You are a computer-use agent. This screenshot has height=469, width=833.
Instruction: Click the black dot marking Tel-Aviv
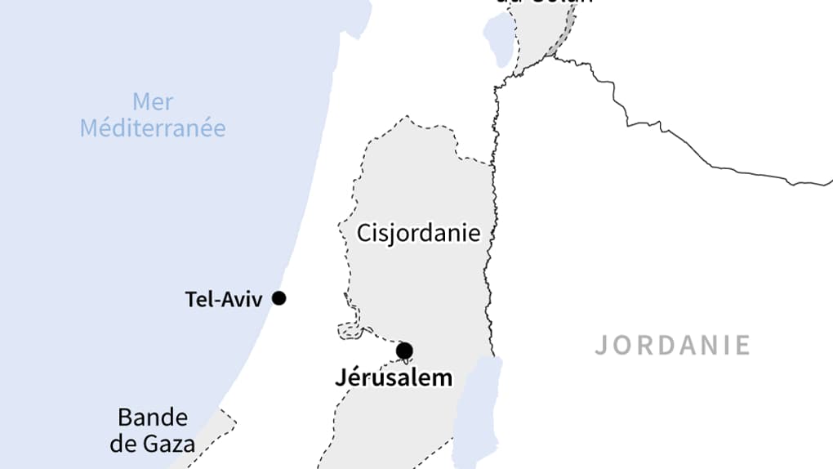(278, 298)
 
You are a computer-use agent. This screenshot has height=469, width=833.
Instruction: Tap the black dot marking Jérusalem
(404, 351)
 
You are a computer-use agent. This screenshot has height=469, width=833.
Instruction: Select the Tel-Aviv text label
(224, 300)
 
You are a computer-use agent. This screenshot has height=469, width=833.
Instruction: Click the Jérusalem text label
(394, 377)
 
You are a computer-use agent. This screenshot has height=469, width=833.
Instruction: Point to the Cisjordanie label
(418, 233)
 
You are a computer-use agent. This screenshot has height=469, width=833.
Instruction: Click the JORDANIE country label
(672, 345)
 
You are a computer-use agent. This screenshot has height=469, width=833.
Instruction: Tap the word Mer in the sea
(153, 102)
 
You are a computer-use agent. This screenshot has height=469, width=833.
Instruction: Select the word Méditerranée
(153, 128)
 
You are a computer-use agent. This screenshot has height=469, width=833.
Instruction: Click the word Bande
(153, 418)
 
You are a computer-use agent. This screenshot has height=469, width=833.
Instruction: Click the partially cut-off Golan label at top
(543, 2)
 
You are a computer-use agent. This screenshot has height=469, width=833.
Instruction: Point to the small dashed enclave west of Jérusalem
(350, 329)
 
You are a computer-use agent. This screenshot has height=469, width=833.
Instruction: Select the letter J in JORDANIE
(602, 345)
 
